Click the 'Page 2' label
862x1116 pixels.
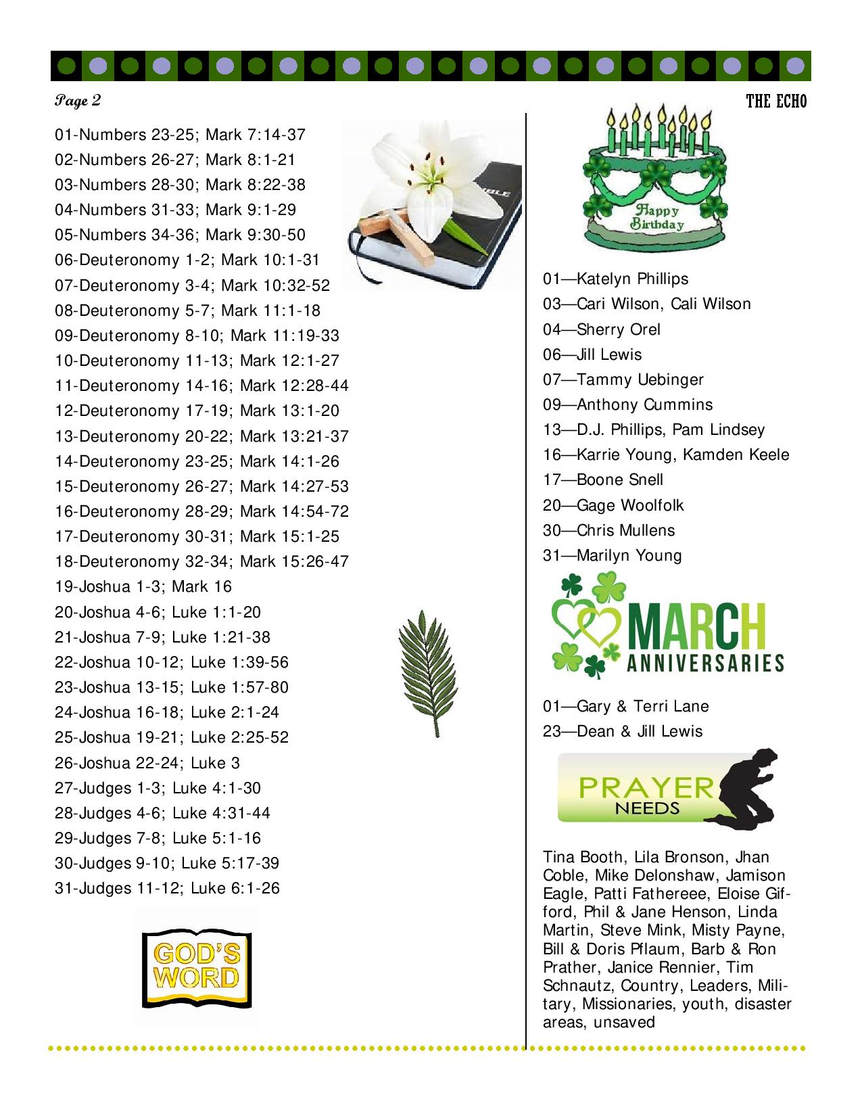pyautogui.click(x=78, y=101)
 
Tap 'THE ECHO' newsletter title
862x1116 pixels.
pyautogui.click(x=776, y=101)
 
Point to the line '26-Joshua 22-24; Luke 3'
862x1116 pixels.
pyautogui.click(x=147, y=763)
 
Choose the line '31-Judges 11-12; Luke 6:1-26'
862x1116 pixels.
pyautogui.click(x=167, y=888)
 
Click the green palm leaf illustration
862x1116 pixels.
pyautogui.click(x=426, y=673)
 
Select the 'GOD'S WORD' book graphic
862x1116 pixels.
pyautogui.click(x=196, y=967)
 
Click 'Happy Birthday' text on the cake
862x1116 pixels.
pyautogui.click(x=656, y=216)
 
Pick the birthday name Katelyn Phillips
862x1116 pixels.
pyautogui.click(x=632, y=279)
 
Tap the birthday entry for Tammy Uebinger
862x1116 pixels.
pyautogui.click(x=640, y=379)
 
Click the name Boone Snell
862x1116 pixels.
pyautogui.click(x=619, y=480)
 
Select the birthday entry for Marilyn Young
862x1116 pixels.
pyautogui.click(x=629, y=555)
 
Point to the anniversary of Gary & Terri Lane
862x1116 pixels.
pyautogui.click(x=642, y=706)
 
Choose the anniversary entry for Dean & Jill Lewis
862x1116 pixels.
pyautogui.click(x=639, y=731)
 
